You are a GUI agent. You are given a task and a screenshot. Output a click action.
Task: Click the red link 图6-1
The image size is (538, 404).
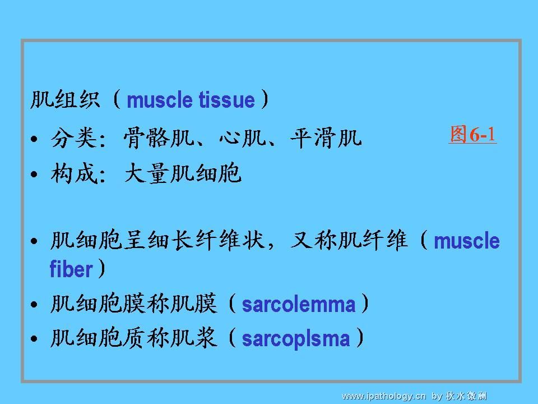[472, 134]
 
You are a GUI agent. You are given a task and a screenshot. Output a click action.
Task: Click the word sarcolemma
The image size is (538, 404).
[299, 304]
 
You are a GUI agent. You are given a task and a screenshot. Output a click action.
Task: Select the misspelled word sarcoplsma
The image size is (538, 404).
[296, 339]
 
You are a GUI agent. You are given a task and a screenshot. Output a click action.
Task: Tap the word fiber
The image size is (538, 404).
[71, 268]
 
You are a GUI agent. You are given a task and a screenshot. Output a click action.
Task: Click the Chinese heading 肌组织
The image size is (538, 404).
[65, 99]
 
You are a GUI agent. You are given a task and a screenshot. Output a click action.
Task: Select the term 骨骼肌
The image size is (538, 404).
[159, 138]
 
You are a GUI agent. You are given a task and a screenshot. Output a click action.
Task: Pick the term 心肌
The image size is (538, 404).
[243, 138]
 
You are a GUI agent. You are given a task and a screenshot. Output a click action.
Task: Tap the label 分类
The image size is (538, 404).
[74, 138]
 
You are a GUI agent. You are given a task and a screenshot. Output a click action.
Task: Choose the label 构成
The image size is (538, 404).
[74, 173]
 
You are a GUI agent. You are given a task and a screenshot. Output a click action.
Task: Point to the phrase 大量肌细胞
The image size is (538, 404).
[183, 173]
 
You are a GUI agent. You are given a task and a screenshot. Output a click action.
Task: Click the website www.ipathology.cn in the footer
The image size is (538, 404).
[384, 396]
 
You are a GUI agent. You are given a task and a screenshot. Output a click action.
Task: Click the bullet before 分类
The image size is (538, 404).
[34, 139]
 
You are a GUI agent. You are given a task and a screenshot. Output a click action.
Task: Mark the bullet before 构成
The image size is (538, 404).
[34, 174]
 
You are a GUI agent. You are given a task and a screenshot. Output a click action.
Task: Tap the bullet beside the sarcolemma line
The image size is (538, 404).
[34, 304]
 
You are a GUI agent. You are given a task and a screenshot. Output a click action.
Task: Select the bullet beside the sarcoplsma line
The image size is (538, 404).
[34, 339]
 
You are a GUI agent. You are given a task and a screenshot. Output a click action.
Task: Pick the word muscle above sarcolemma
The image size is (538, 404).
[467, 241]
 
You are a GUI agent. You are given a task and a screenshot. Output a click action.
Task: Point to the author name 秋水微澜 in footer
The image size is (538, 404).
[466, 396]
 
